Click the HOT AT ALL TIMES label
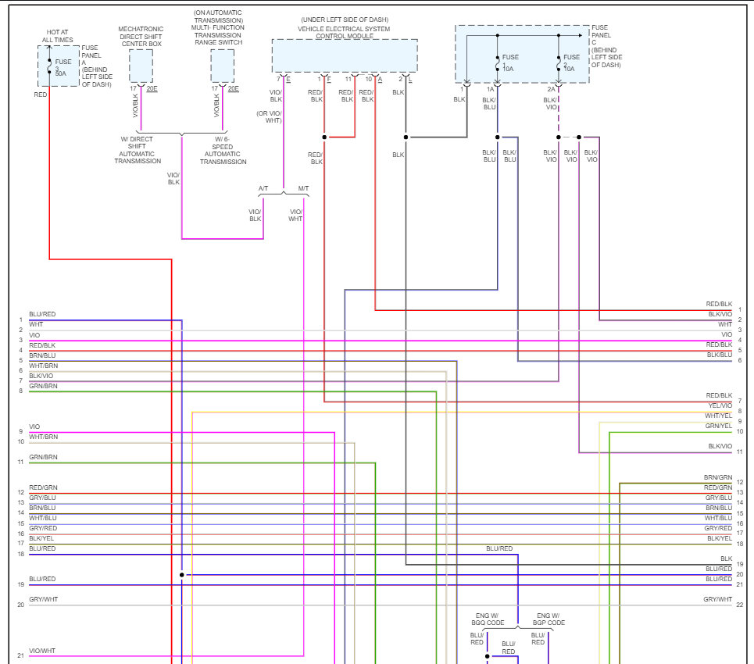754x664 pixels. (x=58, y=35)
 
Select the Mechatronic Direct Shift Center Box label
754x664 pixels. (x=141, y=36)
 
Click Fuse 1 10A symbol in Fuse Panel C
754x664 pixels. (x=498, y=62)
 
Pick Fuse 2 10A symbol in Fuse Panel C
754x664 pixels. (x=559, y=62)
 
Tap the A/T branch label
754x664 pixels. (x=264, y=189)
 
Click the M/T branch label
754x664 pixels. (x=303, y=189)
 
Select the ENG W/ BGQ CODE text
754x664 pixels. (x=488, y=619)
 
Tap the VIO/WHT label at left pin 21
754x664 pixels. (x=42, y=651)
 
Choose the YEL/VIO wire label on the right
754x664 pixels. (x=720, y=405)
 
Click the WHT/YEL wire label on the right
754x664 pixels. (x=719, y=416)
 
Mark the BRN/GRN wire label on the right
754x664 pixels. (x=718, y=477)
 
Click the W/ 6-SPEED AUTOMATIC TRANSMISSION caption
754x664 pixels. (x=222, y=150)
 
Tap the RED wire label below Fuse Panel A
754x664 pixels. (x=41, y=95)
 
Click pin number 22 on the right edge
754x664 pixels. (x=739, y=605)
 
